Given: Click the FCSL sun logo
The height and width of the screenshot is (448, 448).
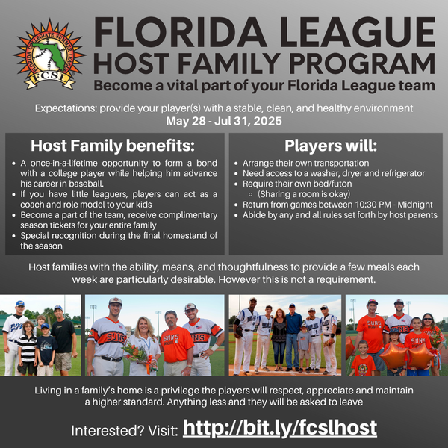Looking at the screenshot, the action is (49, 55).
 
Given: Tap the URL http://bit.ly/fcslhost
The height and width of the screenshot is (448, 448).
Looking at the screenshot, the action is (280, 428).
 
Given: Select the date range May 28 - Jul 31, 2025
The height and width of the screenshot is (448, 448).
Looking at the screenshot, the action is (224, 121).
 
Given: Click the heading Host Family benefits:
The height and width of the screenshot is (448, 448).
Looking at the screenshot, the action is (113, 146).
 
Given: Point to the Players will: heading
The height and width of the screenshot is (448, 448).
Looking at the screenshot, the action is (331, 146).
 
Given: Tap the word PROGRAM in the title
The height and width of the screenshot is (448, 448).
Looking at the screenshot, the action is (362, 63).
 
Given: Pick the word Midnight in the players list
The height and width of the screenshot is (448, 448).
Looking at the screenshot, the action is (415, 205).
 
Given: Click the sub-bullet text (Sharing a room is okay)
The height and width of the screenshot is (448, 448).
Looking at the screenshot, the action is (304, 194).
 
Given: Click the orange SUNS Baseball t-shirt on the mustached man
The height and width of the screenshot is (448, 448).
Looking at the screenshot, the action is (175, 344).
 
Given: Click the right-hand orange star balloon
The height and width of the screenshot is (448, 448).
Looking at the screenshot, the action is (420, 356).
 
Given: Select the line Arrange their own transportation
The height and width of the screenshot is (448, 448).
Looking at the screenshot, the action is (305, 163).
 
